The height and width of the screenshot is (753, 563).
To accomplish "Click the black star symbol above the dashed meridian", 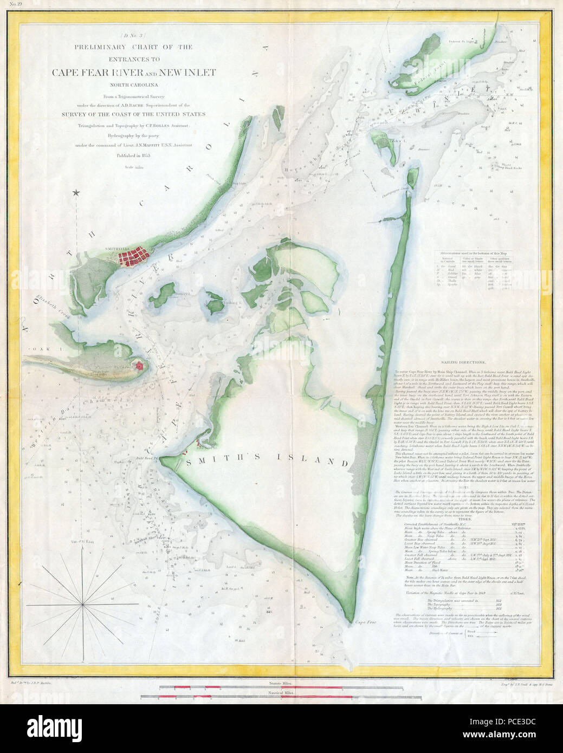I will coord(77,192).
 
